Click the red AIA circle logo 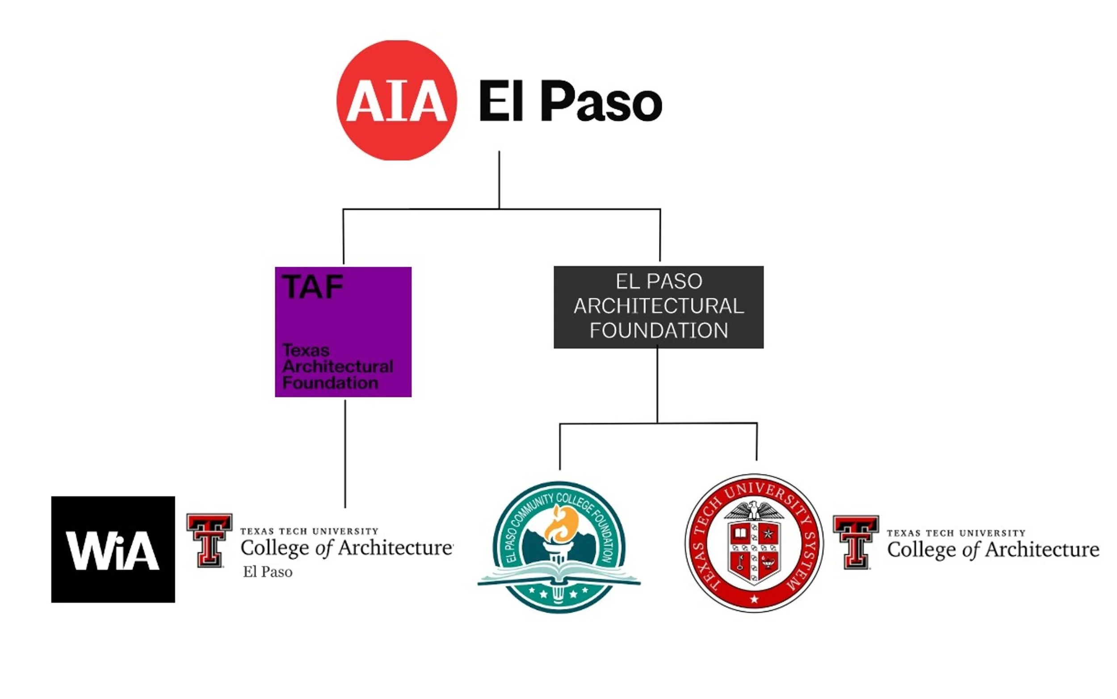coord(396,100)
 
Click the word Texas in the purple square coord(306,350)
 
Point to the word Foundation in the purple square coord(330,383)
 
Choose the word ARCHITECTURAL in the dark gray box coord(659,306)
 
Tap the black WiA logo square coord(113,549)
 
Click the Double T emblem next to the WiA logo coord(209,540)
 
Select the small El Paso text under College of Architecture coord(268,573)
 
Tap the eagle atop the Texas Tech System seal coord(754,510)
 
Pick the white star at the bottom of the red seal coord(754,599)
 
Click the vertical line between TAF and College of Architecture coord(345,453)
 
